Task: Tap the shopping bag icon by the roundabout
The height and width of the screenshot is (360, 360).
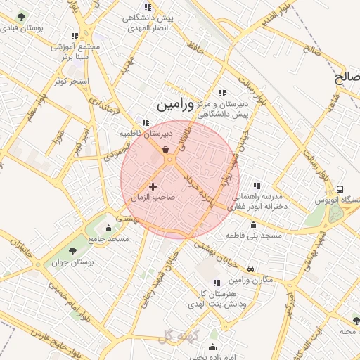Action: coord(165,149)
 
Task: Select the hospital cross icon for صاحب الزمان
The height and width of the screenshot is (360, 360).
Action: coord(153,186)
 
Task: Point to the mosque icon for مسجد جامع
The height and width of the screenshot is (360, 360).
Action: coord(108,228)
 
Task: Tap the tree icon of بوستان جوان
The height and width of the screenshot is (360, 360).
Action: coord(73,251)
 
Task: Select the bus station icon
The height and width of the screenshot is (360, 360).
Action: coord(340,189)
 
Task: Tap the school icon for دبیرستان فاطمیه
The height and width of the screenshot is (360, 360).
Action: coord(146,122)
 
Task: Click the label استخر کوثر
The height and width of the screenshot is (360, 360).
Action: coord(73,82)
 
